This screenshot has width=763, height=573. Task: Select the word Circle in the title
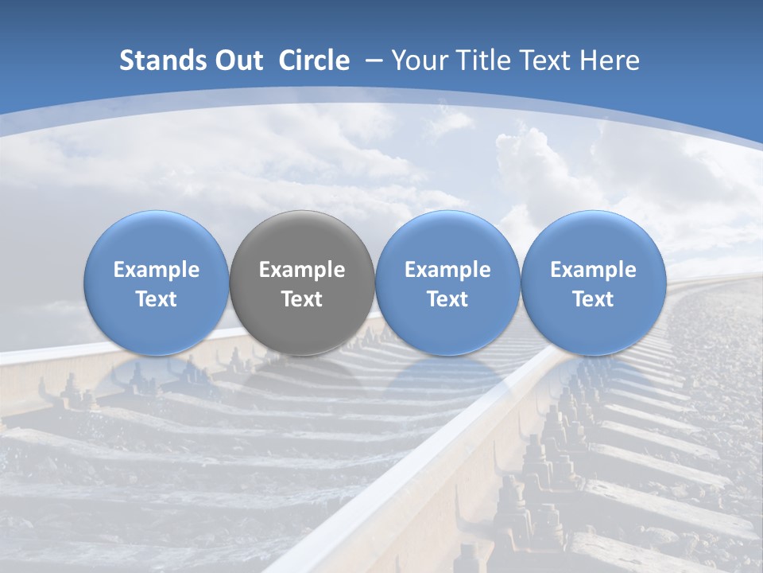314,60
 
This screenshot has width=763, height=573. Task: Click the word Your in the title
419,60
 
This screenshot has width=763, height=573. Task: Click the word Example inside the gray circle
302,270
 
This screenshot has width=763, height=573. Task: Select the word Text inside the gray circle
302,299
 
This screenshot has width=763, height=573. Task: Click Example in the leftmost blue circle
157,270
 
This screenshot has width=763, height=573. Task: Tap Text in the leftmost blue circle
157,299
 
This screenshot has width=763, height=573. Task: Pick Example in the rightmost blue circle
593,270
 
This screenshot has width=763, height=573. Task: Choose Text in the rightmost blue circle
593,299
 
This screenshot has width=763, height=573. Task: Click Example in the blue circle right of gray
447,270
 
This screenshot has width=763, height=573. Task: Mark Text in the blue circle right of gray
447,299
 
